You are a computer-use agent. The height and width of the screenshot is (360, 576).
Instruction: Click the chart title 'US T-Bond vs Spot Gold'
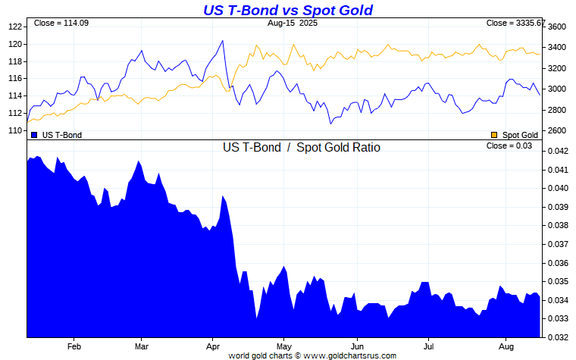pos(288,10)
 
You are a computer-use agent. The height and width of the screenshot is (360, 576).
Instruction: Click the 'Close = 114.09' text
pos(61,23)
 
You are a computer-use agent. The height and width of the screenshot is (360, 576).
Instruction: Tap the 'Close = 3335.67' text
pos(515,23)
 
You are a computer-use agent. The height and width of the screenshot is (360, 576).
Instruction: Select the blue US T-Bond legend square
pos(35,135)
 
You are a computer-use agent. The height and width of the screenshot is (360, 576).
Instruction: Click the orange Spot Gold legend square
pos(495,135)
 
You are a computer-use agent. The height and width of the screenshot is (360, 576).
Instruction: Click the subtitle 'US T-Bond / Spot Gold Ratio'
pos(301,148)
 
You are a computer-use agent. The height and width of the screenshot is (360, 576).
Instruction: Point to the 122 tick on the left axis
pos(14,27)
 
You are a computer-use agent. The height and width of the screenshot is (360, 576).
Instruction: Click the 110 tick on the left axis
pos(14,130)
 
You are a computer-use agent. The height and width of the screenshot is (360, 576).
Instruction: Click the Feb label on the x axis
pos(74,346)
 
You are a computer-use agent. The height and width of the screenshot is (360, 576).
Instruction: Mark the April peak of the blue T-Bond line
pos(222,41)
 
